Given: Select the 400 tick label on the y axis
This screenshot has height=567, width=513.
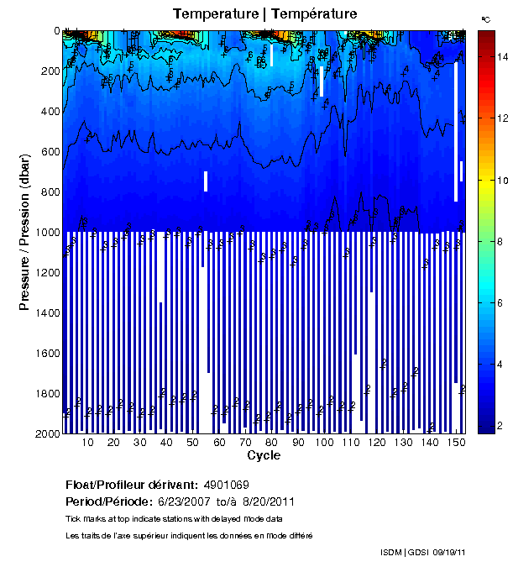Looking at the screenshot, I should pyautogui.click(x=50, y=111).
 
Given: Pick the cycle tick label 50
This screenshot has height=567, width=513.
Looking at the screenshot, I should pyautogui.click(x=192, y=443).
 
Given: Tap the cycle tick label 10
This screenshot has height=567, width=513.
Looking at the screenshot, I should pyautogui.click(x=87, y=443).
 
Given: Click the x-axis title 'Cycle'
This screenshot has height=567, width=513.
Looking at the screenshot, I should pyautogui.click(x=264, y=455).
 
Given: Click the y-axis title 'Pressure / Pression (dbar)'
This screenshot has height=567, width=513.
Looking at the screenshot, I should pyautogui.click(x=24, y=232).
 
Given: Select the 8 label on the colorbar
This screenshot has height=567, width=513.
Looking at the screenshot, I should pyautogui.click(x=500, y=241).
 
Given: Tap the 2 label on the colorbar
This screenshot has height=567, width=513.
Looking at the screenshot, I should pyautogui.click(x=500, y=426).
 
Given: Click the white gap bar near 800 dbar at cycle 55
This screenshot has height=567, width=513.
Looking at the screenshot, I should pyautogui.click(x=206, y=181).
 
